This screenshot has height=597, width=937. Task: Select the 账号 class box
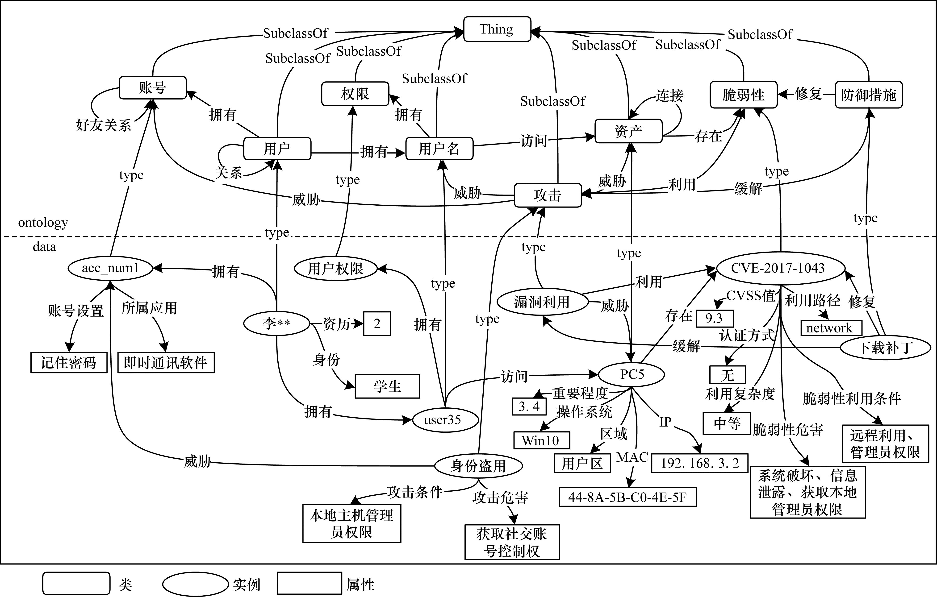click(x=153, y=88)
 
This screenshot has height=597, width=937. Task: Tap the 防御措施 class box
click(x=869, y=95)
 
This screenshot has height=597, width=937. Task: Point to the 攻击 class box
click(x=548, y=195)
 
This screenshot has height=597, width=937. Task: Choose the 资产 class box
click(x=628, y=131)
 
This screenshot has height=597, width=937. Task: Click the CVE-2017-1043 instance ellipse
click(x=778, y=268)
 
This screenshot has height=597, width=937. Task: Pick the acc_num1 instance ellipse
click(x=110, y=268)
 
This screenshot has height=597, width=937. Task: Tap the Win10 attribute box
click(x=541, y=441)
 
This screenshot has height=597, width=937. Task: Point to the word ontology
click(x=43, y=223)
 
